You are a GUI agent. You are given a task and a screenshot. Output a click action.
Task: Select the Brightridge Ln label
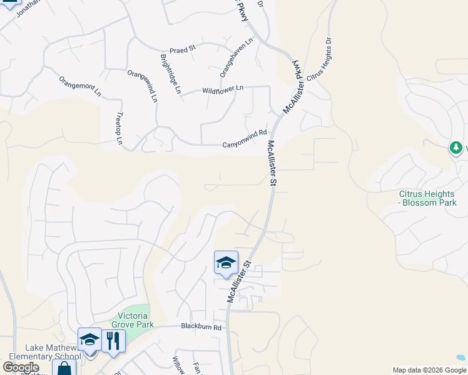click(x=170, y=74)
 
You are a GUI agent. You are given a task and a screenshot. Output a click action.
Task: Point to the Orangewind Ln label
click(x=143, y=86)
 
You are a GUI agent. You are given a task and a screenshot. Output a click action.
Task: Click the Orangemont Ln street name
click(x=79, y=86)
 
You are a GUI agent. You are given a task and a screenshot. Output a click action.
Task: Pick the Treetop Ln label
click(x=119, y=129)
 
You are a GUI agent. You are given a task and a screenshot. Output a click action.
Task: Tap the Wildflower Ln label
click(x=222, y=90)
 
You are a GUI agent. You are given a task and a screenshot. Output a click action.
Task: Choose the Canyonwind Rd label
click(x=245, y=144)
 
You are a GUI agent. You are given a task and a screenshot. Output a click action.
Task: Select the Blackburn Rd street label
click(x=201, y=327)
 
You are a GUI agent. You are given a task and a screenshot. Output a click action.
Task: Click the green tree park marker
click(x=457, y=148)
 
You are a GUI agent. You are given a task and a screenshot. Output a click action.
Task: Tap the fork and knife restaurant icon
click(x=113, y=341)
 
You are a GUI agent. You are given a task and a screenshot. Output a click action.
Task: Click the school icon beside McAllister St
click(x=226, y=262)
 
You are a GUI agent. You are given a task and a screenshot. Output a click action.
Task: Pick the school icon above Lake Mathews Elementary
click(x=89, y=339)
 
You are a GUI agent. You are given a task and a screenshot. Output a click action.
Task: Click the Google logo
click(x=21, y=367)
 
